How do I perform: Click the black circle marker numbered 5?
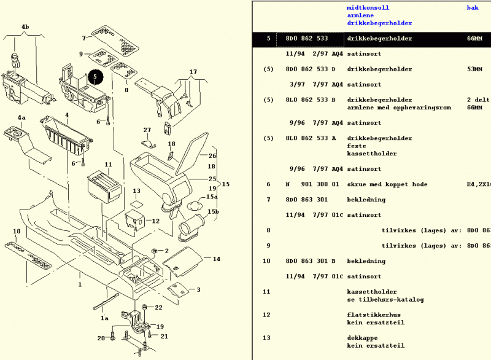click(96, 77)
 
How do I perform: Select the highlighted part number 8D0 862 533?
click(306, 39)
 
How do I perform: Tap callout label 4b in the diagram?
click(25, 28)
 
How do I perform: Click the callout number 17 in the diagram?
click(193, 72)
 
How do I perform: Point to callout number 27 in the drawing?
click(147, 130)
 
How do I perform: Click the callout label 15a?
click(212, 197)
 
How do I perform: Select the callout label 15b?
click(212, 212)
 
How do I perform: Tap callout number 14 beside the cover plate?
click(216, 259)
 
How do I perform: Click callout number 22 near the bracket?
click(158, 307)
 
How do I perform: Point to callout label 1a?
click(105, 318)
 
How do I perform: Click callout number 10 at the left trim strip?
click(17, 232)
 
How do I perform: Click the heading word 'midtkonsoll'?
click(368, 8)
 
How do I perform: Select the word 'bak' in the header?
click(473, 8)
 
